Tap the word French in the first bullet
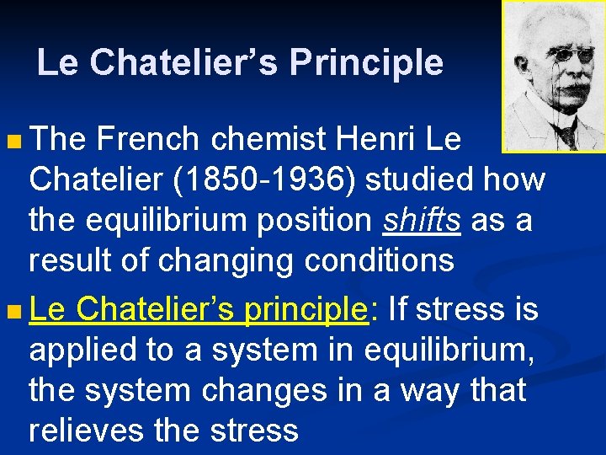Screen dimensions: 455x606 click(148, 140)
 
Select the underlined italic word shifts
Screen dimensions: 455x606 click(422, 221)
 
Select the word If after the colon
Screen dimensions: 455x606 click(398, 308)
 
